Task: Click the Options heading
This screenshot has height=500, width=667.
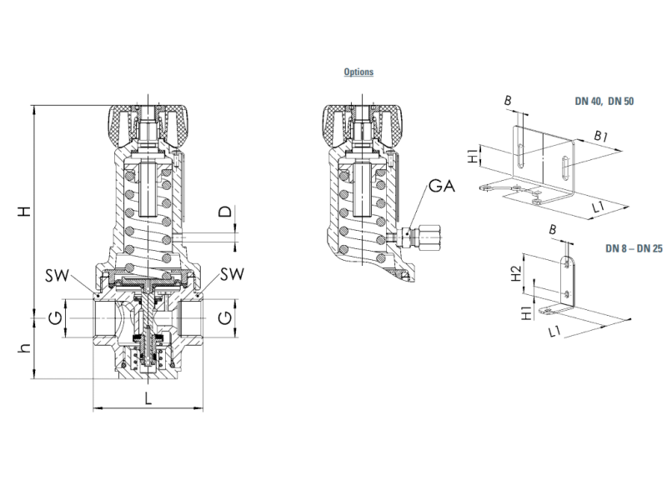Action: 359,72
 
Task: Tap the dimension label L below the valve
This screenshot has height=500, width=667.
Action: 148,399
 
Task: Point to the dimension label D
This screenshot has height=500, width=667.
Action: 225,212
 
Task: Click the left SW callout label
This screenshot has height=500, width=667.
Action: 57,276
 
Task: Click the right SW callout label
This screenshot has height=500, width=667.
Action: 233,274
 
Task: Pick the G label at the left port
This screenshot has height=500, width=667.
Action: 55,317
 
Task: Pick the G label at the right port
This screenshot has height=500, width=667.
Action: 225,317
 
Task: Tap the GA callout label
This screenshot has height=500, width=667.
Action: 442,186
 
